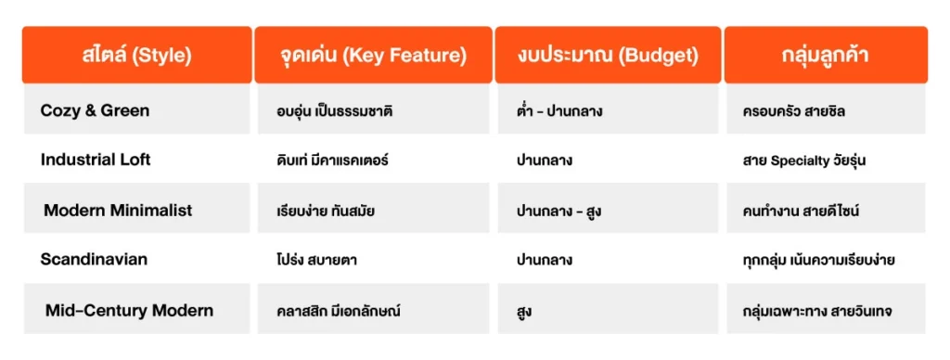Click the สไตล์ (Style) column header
point(136,56)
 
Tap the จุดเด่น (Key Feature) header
point(373,56)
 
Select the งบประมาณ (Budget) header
point(608,56)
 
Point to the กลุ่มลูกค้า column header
point(825,56)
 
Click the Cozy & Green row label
point(95,110)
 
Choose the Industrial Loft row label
point(96,160)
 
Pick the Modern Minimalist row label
point(118,210)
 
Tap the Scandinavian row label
point(94,259)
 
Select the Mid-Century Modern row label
point(129,310)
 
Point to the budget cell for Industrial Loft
point(545,161)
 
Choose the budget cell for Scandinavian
point(545,260)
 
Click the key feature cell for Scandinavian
point(311,260)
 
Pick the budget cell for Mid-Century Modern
point(525,311)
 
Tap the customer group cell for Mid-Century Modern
point(817,311)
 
